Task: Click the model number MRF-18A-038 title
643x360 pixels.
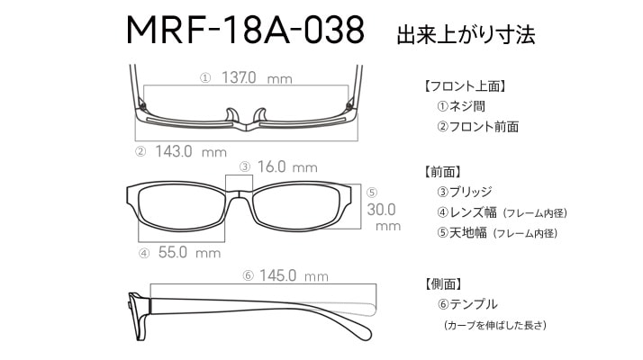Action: pos(245,30)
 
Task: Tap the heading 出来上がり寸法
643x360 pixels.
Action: pos(466,34)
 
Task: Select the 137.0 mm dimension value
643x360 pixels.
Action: pos(257,77)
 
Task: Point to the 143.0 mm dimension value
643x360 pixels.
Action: pos(191,152)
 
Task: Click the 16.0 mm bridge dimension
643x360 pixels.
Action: pos(287,166)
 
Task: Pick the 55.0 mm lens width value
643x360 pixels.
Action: pos(189,252)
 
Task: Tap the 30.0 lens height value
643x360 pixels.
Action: pos(381,210)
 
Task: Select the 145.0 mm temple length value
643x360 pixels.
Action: pos(294,275)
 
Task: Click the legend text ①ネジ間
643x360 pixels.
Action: pos(461,106)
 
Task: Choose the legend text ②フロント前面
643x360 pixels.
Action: pos(477,127)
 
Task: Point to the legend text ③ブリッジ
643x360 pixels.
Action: pos(465,192)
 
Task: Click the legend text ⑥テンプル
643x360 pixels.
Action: pos(467,304)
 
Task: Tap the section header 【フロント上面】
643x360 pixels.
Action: pos(465,86)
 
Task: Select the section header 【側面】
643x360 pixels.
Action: pos(444,283)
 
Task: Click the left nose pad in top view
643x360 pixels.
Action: pos(231,115)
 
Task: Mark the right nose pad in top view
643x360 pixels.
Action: pos(260,115)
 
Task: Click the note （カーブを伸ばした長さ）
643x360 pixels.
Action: pos(495,325)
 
